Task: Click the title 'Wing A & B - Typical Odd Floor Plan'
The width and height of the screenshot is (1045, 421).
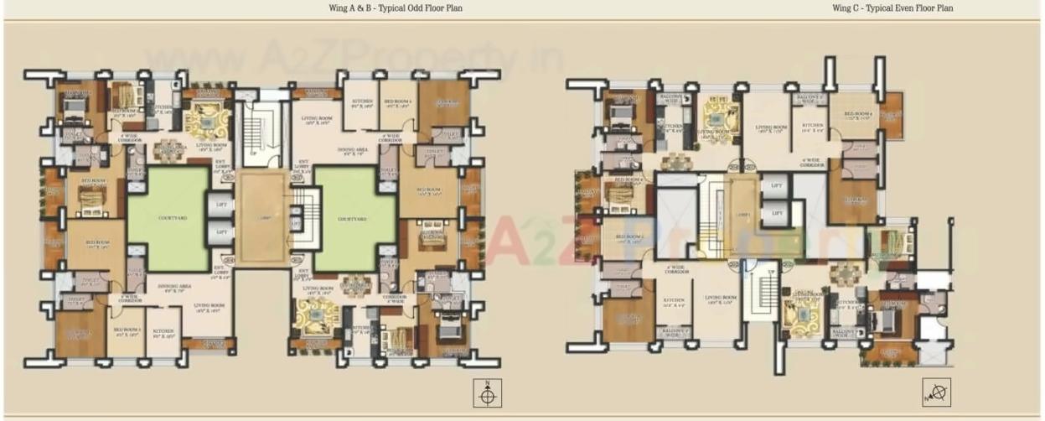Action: [396, 8]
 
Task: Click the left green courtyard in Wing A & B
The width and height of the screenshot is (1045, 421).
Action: [167, 218]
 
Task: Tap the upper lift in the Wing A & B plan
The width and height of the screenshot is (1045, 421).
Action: [221, 205]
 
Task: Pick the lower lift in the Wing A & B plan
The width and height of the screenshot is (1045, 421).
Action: [221, 231]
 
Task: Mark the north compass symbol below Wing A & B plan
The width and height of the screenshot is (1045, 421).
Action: [489, 392]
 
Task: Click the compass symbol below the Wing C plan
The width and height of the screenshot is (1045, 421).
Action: [936, 392]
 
